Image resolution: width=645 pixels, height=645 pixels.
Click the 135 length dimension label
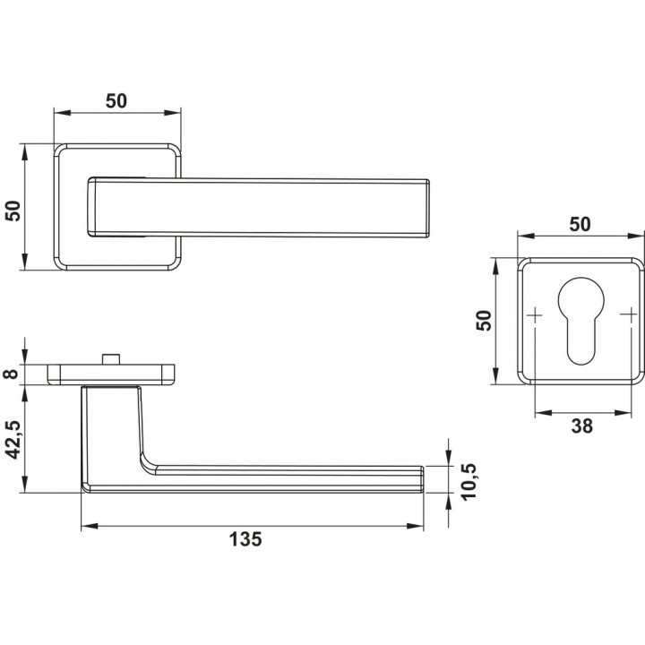pos(245,539)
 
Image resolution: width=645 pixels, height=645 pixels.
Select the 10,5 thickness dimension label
pos(469,481)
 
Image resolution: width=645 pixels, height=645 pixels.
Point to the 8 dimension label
pos(12,374)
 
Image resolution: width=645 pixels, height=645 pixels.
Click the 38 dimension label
pos(581,426)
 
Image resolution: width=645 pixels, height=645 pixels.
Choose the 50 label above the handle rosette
pos(116,101)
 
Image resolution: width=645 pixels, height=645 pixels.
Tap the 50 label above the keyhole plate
pos(580,224)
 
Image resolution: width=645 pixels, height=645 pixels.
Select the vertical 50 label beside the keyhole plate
pos(484,321)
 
